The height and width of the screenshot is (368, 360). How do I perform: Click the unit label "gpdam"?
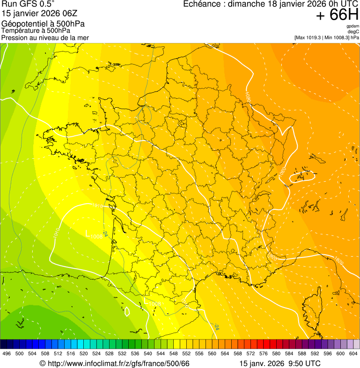(353, 27)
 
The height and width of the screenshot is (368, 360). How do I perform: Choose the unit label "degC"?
(353, 32)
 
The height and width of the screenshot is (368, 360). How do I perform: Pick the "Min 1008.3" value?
(337, 37)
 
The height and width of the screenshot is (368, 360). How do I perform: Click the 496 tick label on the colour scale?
(7, 353)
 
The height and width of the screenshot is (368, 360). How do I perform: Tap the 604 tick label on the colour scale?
(353, 353)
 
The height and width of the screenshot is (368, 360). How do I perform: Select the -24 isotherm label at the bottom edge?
(216, 326)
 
